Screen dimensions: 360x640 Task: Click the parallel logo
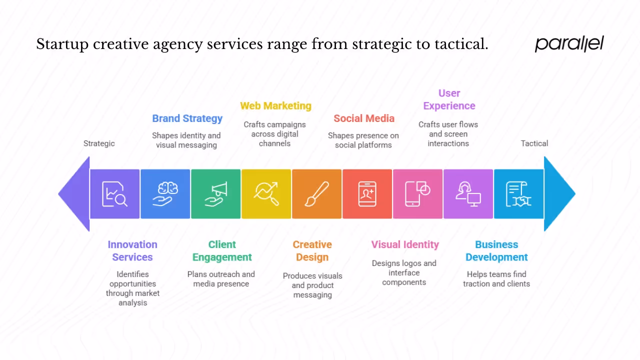[569, 43]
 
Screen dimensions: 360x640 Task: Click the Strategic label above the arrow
[99, 143]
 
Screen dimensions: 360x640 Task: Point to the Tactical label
[534, 143]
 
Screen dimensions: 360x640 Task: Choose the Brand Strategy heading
[187, 118]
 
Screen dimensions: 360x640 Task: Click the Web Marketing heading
[275, 106]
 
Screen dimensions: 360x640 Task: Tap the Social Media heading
[364, 118]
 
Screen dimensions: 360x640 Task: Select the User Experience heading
[449, 99]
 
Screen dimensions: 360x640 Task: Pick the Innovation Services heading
[132, 250]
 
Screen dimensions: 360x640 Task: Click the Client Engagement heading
[222, 250]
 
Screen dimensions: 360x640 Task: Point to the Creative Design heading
[312, 250]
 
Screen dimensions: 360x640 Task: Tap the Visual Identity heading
[405, 244]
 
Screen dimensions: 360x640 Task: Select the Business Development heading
[496, 250]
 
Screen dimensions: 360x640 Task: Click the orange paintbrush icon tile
[317, 194]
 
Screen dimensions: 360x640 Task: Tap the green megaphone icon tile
[216, 194]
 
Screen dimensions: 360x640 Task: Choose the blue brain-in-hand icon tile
[165, 194]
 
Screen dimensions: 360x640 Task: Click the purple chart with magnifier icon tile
[115, 194]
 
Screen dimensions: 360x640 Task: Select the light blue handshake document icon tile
[518, 194]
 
